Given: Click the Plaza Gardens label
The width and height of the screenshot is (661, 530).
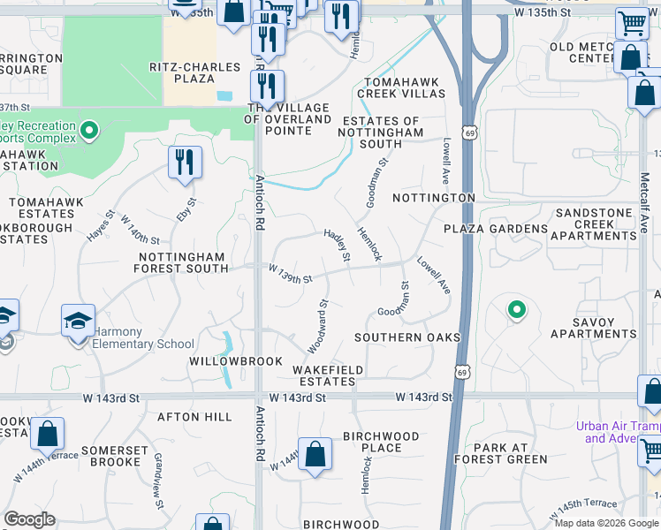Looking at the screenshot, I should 496,229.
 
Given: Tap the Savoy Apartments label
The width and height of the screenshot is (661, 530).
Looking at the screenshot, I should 593,328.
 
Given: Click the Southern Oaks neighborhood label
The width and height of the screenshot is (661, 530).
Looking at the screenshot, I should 407,337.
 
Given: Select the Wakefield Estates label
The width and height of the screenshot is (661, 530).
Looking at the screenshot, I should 324,375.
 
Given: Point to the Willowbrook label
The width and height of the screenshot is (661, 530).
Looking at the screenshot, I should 236,361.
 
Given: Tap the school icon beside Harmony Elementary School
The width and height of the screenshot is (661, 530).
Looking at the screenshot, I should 78,320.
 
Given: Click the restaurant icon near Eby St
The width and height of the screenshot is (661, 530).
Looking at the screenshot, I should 185,162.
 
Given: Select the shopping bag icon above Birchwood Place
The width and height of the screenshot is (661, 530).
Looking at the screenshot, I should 315,454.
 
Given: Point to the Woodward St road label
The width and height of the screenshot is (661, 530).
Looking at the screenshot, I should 317,325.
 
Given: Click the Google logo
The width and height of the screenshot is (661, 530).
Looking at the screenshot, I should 30,519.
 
